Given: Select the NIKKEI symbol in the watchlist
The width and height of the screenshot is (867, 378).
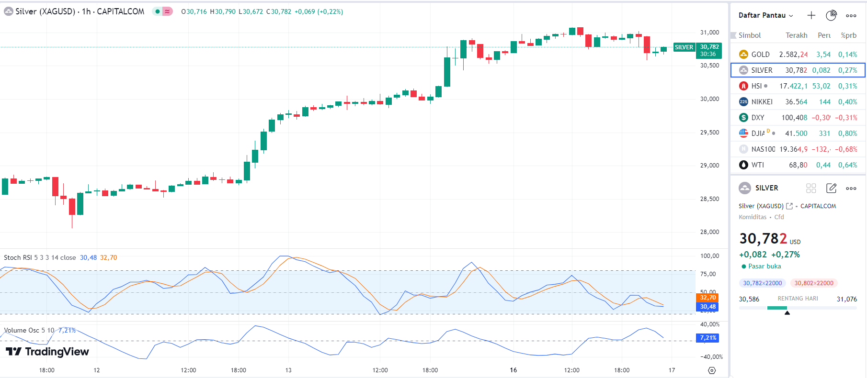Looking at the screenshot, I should (x=762, y=102).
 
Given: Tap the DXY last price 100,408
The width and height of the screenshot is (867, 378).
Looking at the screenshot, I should (x=794, y=118).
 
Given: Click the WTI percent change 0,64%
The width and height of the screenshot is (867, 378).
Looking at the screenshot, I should (x=847, y=165).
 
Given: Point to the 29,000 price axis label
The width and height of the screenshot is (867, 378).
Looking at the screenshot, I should (x=709, y=166).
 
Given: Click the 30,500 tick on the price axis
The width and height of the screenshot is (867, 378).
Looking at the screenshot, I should (x=709, y=66).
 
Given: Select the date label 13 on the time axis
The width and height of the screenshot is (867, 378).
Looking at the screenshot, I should (x=288, y=370).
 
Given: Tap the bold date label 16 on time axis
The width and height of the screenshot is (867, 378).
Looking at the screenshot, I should (x=513, y=370).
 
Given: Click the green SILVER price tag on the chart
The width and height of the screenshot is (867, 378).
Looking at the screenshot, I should (x=684, y=47).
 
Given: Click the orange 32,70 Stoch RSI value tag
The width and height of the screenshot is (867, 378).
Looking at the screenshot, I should (x=707, y=298).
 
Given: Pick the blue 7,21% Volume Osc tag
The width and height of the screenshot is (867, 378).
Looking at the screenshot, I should (x=707, y=338).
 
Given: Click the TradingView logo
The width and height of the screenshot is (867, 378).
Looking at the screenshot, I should (x=47, y=352).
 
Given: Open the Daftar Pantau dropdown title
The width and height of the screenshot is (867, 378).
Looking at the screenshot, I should (x=765, y=15).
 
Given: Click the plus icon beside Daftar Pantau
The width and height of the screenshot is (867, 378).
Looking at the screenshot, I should (x=811, y=15).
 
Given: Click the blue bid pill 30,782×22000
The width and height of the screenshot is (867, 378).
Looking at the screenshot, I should (x=762, y=283).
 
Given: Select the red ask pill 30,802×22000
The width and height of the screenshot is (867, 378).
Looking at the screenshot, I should (x=813, y=283).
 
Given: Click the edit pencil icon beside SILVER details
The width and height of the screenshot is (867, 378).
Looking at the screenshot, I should (x=831, y=188).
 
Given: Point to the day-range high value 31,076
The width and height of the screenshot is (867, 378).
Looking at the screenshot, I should (x=846, y=299).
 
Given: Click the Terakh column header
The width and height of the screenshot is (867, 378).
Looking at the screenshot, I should (x=796, y=35).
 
